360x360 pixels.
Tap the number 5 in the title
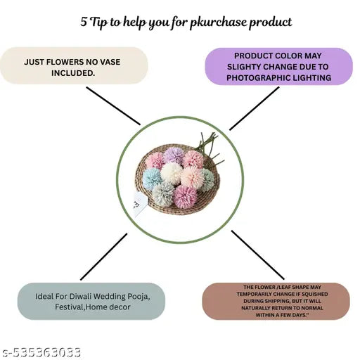tap(84, 22)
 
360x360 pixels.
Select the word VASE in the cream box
tap(110, 62)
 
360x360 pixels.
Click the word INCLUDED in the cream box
tap(73, 73)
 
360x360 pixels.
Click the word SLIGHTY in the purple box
tap(243, 67)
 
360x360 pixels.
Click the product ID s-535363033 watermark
tap(41, 352)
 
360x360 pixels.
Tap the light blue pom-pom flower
tap(152, 179)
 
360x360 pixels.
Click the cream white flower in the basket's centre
tap(171, 174)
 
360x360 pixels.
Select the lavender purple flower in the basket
tap(173, 155)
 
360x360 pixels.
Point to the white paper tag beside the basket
tap(140, 202)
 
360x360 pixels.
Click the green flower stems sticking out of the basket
tap(209, 148)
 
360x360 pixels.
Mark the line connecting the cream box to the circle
tap(113, 106)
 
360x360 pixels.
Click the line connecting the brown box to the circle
tap(258, 255)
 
